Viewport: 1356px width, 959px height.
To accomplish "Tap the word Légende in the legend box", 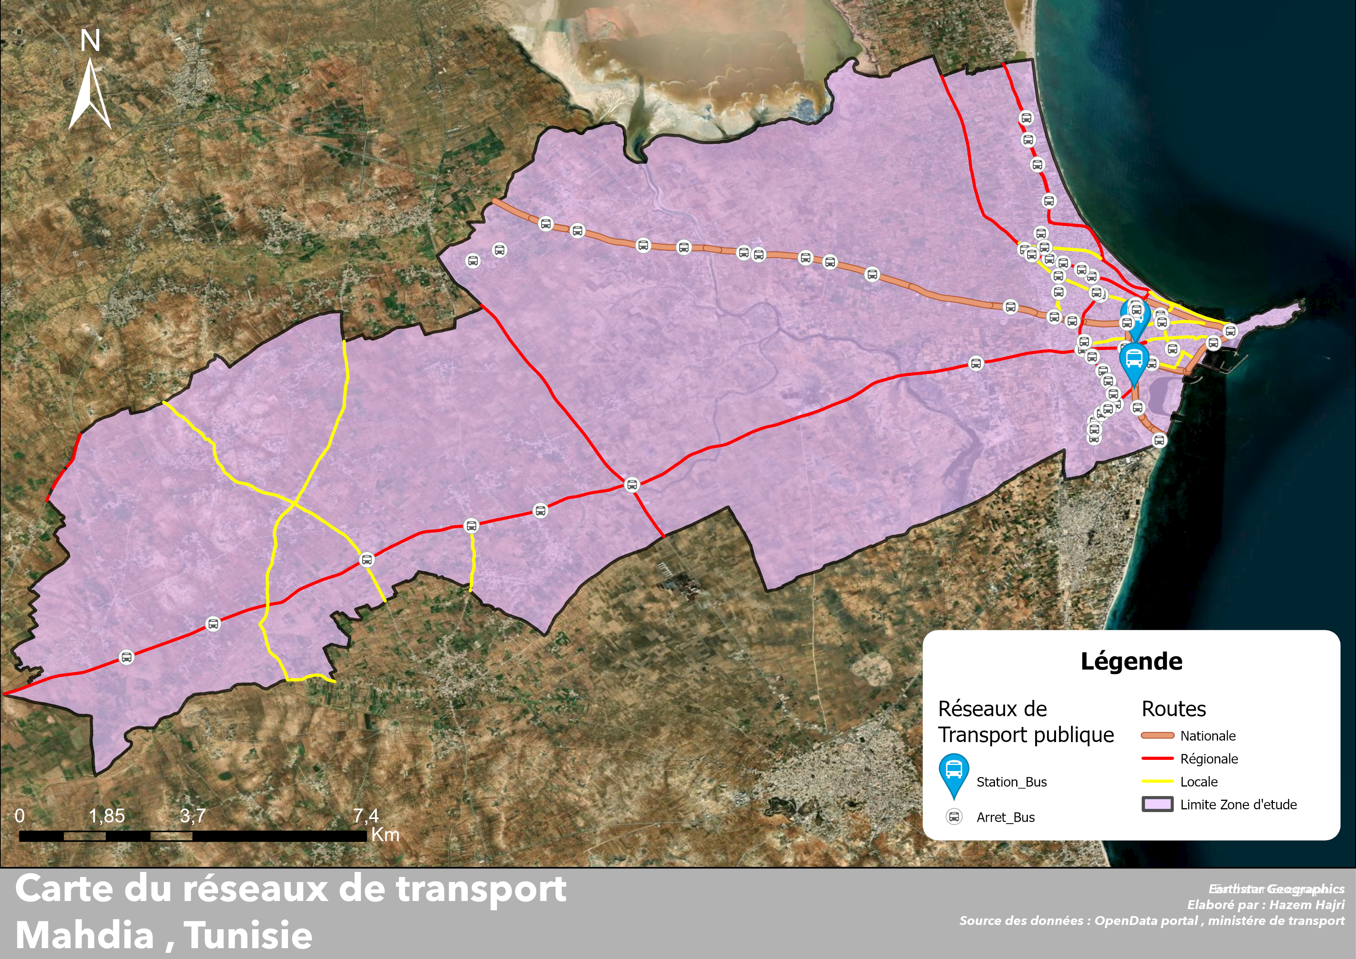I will pyautogui.click(x=1131, y=661).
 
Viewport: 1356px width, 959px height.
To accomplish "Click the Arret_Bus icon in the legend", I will pyautogui.click(x=954, y=817).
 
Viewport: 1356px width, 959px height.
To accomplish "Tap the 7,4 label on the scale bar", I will pyautogui.click(x=366, y=816).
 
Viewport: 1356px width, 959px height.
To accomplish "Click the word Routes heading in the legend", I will pyautogui.click(x=1174, y=708).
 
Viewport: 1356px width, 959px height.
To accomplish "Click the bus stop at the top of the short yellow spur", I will pyautogui.click(x=471, y=525).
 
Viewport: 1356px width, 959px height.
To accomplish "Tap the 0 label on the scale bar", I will pyautogui.click(x=19, y=816).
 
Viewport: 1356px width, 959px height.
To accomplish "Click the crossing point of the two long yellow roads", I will pyautogui.click(x=293, y=503).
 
